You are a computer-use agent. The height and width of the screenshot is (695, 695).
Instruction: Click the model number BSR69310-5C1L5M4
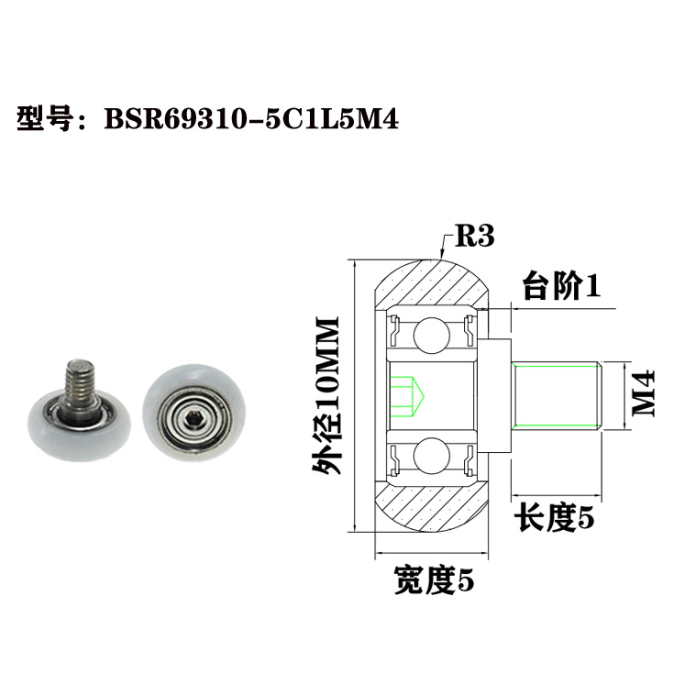tap(252, 120)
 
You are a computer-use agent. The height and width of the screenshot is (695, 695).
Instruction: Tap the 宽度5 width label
tap(435, 579)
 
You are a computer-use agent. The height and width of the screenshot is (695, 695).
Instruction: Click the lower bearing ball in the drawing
tap(430, 455)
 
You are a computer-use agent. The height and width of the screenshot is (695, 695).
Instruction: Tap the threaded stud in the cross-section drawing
tap(557, 395)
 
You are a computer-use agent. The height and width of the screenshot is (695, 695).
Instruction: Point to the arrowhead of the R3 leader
tap(441, 254)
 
